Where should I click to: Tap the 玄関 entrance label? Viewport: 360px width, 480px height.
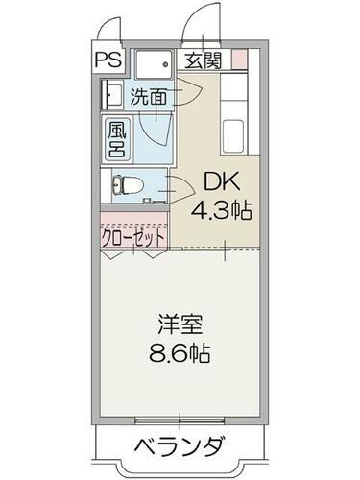(x=204, y=60)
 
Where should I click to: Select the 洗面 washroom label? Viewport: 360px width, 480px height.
(x=148, y=96)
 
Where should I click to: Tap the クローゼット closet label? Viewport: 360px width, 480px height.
(x=133, y=236)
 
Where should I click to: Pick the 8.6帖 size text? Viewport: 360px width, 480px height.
(x=179, y=351)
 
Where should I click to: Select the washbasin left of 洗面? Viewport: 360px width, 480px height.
(x=110, y=96)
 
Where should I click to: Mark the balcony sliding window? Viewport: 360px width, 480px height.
(x=180, y=419)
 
